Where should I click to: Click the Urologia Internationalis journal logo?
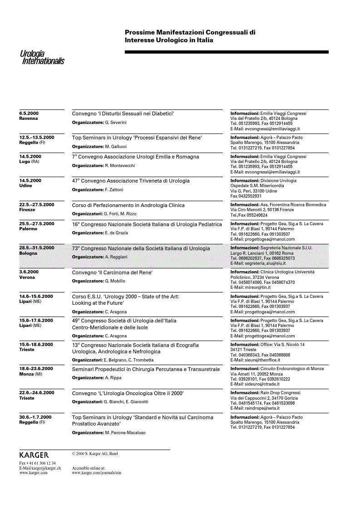(x=42, y=57)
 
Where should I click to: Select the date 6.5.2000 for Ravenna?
(x=29, y=113)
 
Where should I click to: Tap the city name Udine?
(x=26, y=186)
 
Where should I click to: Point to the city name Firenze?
(x=27, y=210)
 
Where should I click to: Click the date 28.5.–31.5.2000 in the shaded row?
(x=36, y=248)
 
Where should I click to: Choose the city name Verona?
(x=27, y=277)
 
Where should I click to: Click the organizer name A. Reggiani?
(x=116, y=257)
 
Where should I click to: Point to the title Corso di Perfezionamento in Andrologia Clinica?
(x=128, y=205)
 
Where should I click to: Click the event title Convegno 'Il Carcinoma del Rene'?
(x=112, y=272)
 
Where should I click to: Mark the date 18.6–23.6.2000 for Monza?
(x=36, y=368)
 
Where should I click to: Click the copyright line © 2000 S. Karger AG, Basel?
(x=95, y=453)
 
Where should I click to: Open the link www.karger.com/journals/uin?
(x=96, y=473)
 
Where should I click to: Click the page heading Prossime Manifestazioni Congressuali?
(x=190, y=33)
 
